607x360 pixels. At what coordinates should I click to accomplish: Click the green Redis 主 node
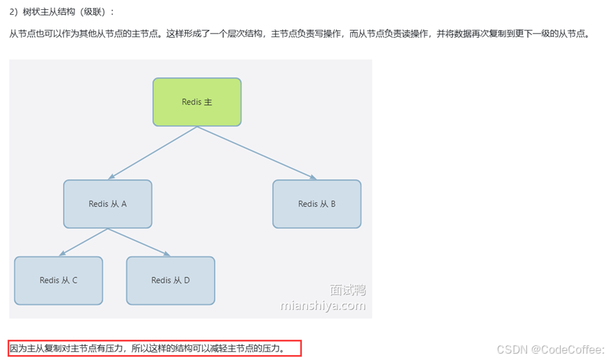pos(197,102)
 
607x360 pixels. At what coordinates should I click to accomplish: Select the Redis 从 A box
pos(107,204)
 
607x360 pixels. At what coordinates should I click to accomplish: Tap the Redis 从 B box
pos(316,204)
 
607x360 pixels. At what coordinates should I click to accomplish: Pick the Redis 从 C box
pos(58,280)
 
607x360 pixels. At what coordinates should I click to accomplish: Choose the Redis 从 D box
pos(171,280)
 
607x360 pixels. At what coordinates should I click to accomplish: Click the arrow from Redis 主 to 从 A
pos(153,153)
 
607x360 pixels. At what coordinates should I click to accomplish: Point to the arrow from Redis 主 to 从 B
pos(256,153)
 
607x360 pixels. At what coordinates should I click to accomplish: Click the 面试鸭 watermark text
pos(347,291)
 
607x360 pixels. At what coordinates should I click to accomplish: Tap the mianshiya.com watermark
pos(323,306)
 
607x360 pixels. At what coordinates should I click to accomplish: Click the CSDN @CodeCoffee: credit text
pos(549,349)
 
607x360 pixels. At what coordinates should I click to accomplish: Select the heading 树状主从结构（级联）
pos(67,12)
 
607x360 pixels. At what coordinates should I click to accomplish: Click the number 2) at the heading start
pos(13,12)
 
